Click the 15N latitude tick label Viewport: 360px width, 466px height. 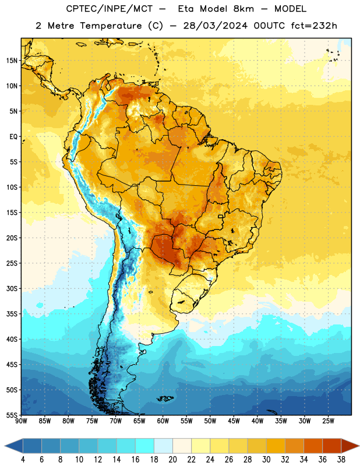click(x=11, y=61)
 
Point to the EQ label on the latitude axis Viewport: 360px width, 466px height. click(x=13, y=137)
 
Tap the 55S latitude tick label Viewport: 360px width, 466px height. click(x=11, y=415)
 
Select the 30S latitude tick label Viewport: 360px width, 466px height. click(x=11, y=288)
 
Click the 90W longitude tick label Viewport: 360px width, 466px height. click(x=21, y=421)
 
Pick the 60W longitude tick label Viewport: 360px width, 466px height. click(x=163, y=421)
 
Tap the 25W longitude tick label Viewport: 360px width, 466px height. click(x=328, y=421)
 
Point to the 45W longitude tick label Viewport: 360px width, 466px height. click(x=234, y=421)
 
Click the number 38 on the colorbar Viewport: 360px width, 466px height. click(x=341, y=460)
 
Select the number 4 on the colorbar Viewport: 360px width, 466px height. click(x=23, y=460)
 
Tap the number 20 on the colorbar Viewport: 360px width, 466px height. click(x=172, y=460)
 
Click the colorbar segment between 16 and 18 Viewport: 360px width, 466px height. click(x=145, y=446)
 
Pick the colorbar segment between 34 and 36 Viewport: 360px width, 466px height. click(x=313, y=446)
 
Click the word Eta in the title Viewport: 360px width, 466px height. click(x=186, y=9)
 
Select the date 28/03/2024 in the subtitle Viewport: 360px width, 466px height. click(x=215, y=26)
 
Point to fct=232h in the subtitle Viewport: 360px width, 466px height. click(x=314, y=26)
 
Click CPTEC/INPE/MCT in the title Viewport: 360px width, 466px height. click(x=109, y=9)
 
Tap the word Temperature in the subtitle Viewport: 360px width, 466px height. click(x=111, y=26)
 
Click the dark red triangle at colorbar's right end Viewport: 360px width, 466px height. click(x=350, y=446)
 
